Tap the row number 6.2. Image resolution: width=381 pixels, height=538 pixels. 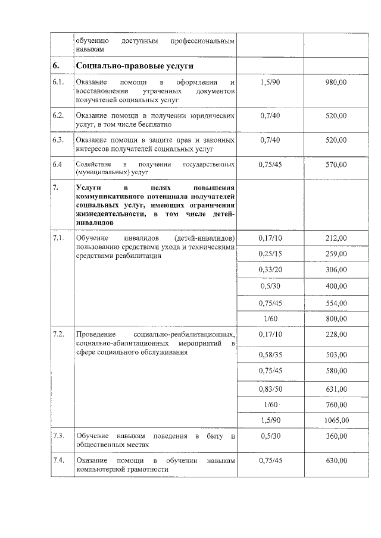(58, 115)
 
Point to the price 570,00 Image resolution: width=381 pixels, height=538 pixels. (336, 165)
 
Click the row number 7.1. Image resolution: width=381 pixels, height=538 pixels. (58, 238)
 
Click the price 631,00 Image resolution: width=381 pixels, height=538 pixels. (336, 389)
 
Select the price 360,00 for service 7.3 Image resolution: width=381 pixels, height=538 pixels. (336, 437)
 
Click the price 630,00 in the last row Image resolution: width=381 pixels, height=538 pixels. (336, 461)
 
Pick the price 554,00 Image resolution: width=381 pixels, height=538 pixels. (336, 303)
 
